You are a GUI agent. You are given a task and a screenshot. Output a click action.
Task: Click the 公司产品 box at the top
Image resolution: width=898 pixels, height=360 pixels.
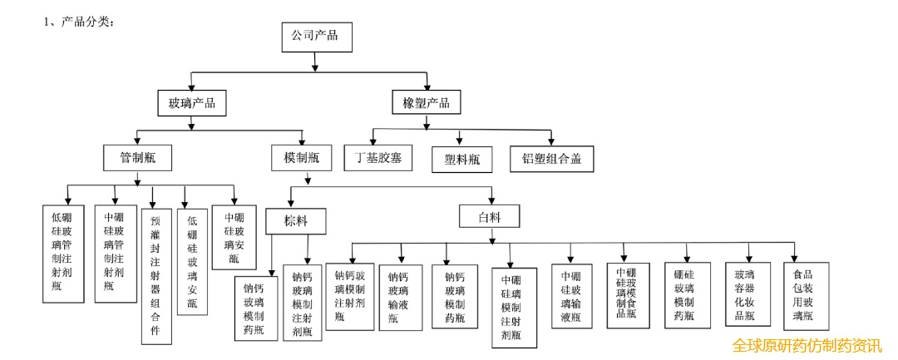coord(317,37)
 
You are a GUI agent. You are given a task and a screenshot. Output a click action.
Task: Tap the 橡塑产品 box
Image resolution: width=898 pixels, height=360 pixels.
coord(427,104)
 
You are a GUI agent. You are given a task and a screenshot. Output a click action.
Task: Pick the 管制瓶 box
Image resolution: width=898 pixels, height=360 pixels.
coord(137,157)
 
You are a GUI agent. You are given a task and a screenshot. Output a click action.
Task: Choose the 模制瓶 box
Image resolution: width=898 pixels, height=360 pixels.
coord(302,157)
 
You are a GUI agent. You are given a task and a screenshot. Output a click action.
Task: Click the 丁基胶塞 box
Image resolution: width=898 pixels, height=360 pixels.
coord(378,157)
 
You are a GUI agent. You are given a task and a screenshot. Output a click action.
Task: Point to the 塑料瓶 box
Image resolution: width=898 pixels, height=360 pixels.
coord(463,160)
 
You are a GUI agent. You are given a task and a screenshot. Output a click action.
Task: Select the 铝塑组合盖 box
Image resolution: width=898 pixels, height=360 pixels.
coord(552,159)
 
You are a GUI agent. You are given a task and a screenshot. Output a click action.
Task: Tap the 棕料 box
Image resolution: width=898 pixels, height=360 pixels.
coord(295,220)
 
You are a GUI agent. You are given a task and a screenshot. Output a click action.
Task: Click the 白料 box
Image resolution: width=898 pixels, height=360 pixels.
coord(490,218)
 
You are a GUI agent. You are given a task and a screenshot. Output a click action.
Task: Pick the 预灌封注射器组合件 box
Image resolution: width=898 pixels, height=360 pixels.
coord(156,276)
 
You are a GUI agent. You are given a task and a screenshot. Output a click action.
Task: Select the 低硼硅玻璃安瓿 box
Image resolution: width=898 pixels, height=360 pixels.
coord(192,261)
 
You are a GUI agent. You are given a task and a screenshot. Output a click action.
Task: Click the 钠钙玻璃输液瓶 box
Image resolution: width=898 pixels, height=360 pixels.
coord(401,297)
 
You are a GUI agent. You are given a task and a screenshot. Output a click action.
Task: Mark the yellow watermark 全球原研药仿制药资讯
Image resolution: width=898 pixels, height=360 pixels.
coord(807,346)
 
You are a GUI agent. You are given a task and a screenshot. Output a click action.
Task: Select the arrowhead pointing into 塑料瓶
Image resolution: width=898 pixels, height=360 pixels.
coord(459,141)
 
